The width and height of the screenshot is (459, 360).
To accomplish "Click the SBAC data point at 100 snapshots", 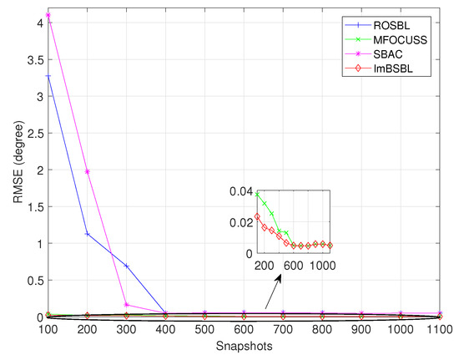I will [48, 15].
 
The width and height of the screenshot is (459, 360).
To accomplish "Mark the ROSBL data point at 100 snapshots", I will [48, 76].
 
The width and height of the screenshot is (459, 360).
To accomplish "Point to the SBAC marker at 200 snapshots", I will [88, 171].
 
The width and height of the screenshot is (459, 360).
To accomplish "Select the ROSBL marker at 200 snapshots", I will [88, 234].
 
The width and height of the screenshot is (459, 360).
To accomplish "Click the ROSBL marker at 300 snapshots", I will [127, 266].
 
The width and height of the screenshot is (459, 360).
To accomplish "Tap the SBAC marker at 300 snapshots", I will [127, 305].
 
